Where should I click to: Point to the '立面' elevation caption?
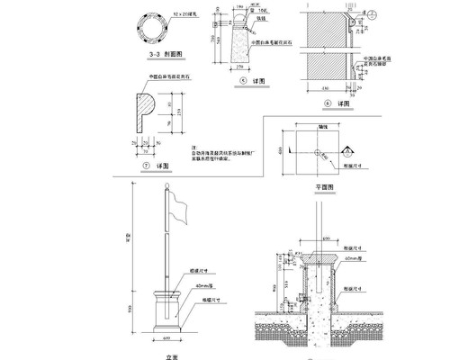[x=168, y=354]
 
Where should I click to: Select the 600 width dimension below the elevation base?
[x=168, y=339]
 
